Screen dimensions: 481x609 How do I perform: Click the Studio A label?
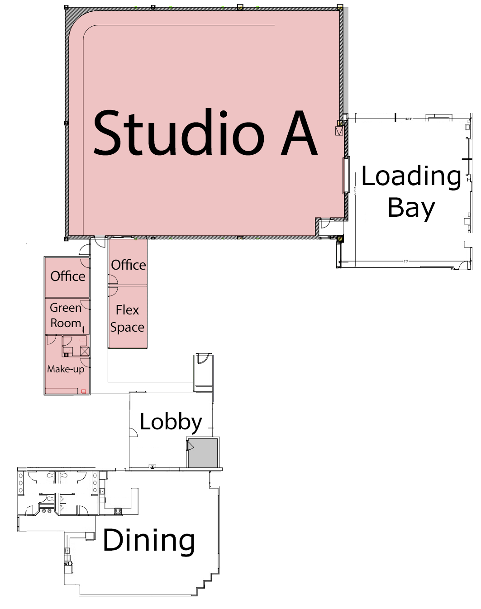(x=205, y=133)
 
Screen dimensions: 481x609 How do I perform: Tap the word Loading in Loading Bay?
(x=411, y=176)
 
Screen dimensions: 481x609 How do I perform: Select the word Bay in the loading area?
(x=411, y=208)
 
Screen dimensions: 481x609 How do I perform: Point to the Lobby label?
(x=171, y=422)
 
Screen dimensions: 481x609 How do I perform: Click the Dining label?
(x=149, y=540)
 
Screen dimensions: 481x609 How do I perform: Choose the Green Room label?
(x=66, y=315)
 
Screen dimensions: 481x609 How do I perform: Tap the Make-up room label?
(x=66, y=369)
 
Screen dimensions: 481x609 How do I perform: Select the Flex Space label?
(x=127, y=319)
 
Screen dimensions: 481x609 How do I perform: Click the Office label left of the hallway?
(x=68, y=276)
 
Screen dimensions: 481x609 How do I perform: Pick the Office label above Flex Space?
(x=129, y=265)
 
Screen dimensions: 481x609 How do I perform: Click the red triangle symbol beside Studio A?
(x=339, y=131)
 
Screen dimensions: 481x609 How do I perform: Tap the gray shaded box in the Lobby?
(x=203, y=452)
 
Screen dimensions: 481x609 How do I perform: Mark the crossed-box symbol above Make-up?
(x=85, y=351)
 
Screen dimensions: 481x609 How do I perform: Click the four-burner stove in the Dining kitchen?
(x=118, y=511)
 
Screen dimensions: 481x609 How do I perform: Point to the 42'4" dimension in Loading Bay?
(x=409, y=119)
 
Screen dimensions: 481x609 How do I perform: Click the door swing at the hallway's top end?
(x=100, y=242)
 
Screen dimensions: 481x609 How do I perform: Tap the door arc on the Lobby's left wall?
(x=133, y=432)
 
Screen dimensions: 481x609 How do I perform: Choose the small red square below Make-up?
(x=84, y=391)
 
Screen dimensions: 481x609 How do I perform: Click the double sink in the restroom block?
(x=46, y=511)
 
